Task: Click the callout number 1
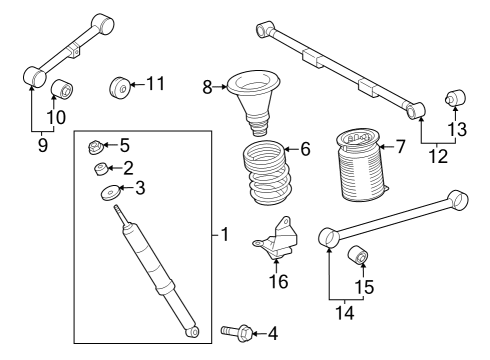225,236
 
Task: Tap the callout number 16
277,282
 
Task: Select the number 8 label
208,88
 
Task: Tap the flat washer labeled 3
107,192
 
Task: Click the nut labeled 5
98,146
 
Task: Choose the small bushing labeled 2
100,168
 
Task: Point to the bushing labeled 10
62,88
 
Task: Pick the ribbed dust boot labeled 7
359,168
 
